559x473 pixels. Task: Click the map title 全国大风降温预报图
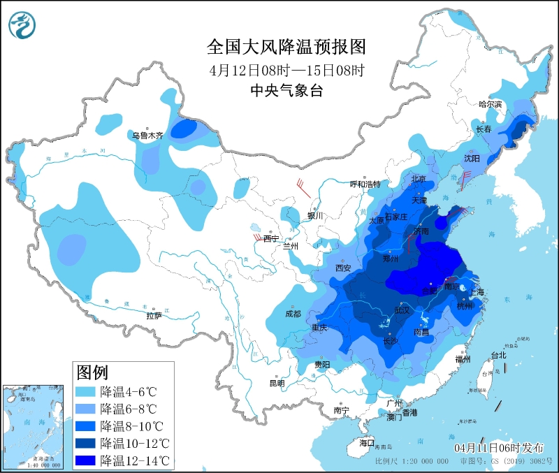(x=286, y=47)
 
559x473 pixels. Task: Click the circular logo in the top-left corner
(x=21, y=26)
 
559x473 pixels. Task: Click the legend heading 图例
(x=92, y=371)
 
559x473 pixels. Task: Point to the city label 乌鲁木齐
(x=148, y=136)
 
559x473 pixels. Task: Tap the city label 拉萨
(x=154, y=315)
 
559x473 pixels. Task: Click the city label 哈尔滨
(x=491, y=104)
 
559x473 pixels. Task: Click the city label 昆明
(x=277, y=383)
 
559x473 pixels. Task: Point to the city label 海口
(x=367, y=443)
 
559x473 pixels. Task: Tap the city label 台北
(x=498, y=355)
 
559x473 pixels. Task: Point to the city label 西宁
(x=271, y=239)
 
